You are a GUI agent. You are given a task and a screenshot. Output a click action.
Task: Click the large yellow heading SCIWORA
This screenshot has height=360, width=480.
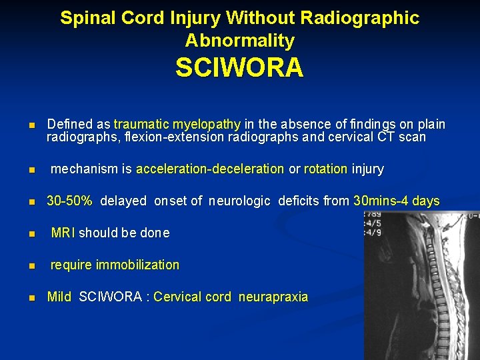point(239,68)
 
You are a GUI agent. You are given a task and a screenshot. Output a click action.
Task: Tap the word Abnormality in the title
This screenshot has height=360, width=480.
point(239,41)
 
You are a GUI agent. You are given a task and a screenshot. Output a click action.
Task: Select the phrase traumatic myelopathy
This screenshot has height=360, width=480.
point(177,125)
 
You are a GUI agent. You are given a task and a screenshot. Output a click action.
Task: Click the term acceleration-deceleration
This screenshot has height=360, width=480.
point(210,169)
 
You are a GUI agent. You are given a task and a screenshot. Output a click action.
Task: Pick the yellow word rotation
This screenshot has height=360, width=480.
point(325,169)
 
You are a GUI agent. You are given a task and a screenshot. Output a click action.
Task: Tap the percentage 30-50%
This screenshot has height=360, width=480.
point(69,201)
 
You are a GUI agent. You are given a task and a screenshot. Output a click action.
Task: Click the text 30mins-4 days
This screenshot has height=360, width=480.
point(397,201)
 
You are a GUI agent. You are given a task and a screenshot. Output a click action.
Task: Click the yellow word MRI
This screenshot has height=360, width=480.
point(63,233)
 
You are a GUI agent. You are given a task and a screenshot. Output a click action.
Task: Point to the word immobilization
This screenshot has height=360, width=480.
point(137,265)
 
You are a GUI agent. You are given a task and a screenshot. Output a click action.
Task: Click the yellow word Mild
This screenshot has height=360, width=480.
point(59,297)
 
